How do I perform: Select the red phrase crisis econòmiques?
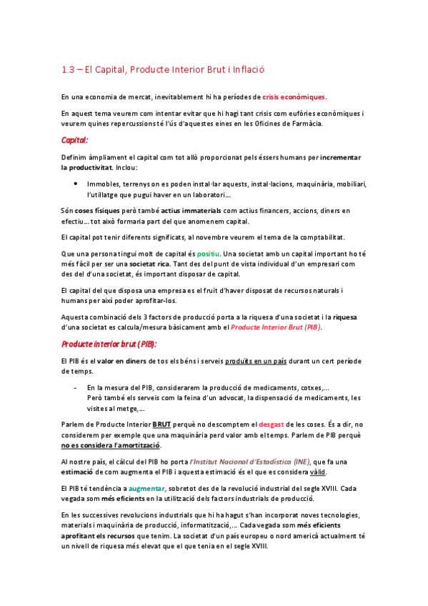tap(294, 96)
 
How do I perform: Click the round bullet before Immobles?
tap(76, 183)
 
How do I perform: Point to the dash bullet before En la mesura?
tap(76, 387)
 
